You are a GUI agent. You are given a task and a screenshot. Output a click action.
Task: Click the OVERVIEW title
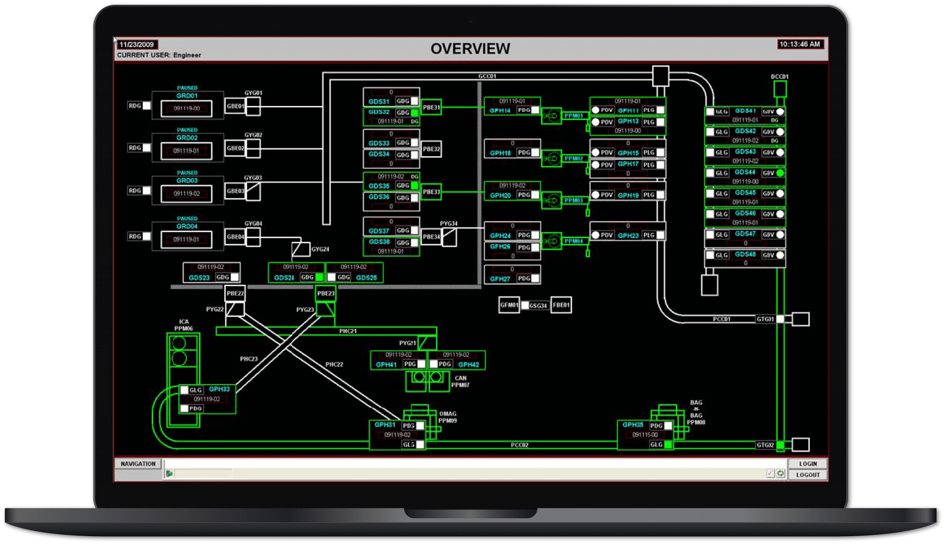point(470,49)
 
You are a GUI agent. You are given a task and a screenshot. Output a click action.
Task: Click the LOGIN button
point(808,464)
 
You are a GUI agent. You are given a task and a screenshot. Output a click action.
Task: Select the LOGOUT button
point(808,475)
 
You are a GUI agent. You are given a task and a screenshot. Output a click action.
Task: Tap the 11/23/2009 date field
point(136,45)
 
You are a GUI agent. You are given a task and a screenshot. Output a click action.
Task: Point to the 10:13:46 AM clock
point(800,44)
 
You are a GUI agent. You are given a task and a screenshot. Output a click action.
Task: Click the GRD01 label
point(187,96)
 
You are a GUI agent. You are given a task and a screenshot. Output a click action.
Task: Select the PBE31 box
point(431,107)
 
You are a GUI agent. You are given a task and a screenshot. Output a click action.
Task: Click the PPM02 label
point(573,158)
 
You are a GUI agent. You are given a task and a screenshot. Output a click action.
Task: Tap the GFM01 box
point(509,305)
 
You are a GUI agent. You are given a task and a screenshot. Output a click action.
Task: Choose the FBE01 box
point(561,305)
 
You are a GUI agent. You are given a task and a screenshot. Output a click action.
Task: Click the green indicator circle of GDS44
point(780,173)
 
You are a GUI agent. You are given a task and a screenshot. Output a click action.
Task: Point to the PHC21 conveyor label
point(348,331)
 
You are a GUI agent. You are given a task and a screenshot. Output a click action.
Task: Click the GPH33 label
point(219,389)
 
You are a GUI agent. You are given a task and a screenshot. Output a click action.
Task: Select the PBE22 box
point(235,293)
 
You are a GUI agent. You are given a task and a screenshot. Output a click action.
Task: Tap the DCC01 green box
point(779,89)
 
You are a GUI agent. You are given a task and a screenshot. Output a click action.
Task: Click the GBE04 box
point(235,237)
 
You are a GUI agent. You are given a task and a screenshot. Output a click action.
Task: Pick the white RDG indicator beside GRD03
point(147,191)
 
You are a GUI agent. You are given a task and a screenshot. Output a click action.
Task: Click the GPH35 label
point(632,425)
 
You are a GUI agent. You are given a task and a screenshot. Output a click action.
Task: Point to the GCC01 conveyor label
point(487,76)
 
